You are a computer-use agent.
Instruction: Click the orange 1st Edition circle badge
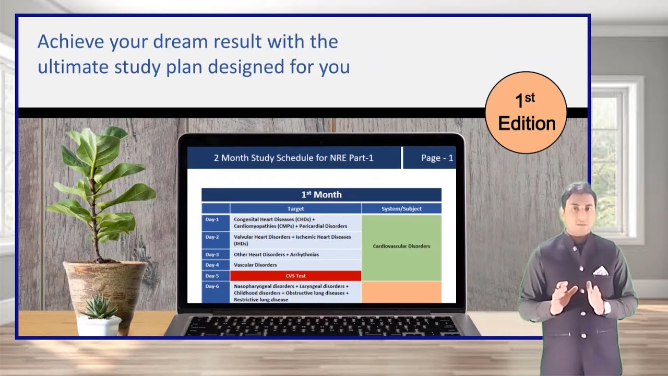[x=526, y=112]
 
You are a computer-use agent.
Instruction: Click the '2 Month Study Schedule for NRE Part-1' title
[x=293, y=158]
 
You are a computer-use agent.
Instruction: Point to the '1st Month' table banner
[x=321, y=195]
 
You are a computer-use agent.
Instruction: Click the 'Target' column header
[x=295, y=209]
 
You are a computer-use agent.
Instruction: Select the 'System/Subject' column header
[x=401, y=209]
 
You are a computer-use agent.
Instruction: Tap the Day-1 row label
[x=212, y=220]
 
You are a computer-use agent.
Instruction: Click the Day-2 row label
[x=212, y=237]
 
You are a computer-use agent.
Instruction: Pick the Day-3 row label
[x=212, y=255]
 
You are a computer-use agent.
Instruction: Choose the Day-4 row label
[x=212, y=265]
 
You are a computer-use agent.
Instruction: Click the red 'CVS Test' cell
[x=295, y=276]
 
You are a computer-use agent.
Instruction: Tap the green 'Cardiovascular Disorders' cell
[x=401, y=246]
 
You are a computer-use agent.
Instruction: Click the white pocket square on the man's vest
[x=601, y=271]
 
